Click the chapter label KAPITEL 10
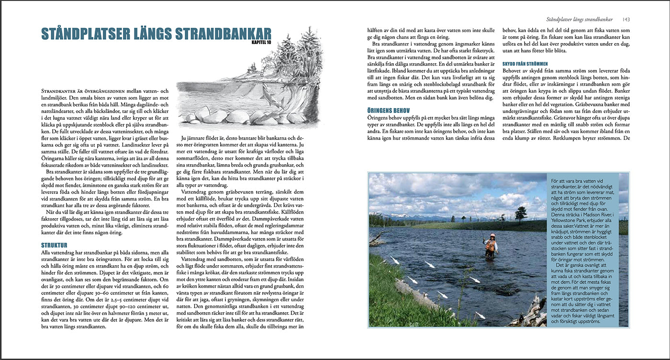click(x=261, y=43)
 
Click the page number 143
click(x=626, y=20)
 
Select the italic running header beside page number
click(x=580, y=20)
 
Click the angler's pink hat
click(x=491, y=236)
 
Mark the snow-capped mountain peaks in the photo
click(x=421, y=217)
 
